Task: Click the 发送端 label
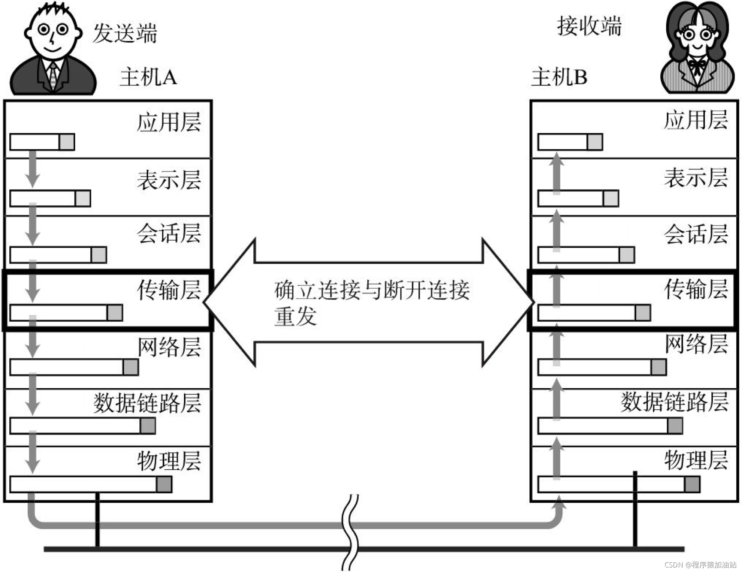[124, 33]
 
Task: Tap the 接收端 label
[589, 26]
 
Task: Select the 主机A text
[148, 77]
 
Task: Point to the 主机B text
[559, 77]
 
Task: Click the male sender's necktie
[53, 75]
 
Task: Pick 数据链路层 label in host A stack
[147, 403]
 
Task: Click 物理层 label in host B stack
[696, 460]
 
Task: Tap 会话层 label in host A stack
[169, 233]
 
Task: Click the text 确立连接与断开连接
[371, 290]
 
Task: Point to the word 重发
[295, 316]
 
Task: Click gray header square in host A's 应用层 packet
[67, 142]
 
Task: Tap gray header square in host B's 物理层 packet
[692, 484]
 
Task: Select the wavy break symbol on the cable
[350, 532]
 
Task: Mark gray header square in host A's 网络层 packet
[131, 367]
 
